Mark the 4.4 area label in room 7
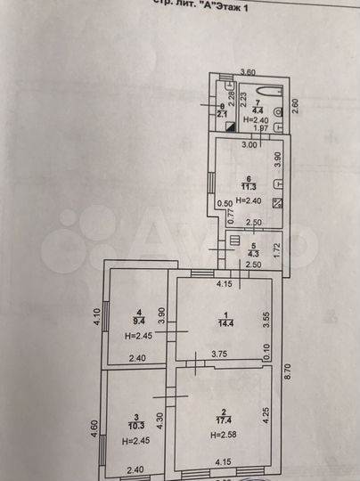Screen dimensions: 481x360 (x=256, y=110)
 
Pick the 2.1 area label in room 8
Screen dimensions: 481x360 (x=223, y=113)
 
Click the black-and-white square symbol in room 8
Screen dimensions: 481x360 (x=232, y=126)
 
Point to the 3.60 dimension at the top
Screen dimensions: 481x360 (x=250, y=71)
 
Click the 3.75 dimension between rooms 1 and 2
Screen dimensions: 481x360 (x=219, y=355)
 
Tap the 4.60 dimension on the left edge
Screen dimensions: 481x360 (x=94, y=432)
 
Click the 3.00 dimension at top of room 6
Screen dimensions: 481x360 (x=250, y=145)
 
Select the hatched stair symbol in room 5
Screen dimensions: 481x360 (x=233, y=240)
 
